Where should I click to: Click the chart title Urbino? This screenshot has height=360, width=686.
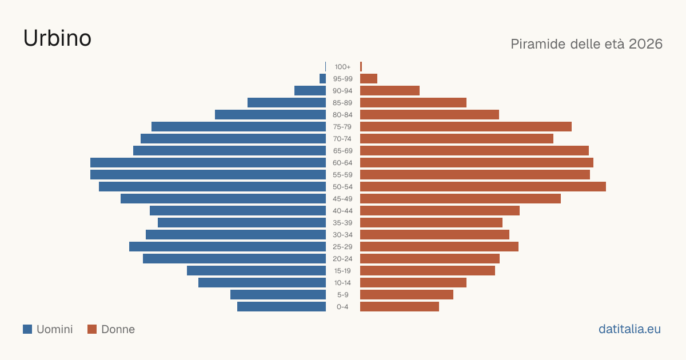57,38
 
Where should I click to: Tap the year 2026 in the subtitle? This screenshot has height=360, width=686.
645,44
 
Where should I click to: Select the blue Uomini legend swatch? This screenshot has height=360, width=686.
27,329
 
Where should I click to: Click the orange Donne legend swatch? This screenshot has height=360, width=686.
92,329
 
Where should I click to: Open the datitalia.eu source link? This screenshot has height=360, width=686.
629,329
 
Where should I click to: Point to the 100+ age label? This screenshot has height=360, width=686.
342,67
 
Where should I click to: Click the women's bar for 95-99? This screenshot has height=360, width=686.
369,79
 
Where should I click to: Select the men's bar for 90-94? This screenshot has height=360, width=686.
310,91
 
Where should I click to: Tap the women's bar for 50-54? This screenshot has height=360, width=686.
483,187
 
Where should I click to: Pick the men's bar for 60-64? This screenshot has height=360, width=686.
208,162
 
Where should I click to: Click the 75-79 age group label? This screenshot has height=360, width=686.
342,127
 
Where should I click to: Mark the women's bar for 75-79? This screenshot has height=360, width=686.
466,127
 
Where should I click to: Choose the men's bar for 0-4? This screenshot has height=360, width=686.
281,307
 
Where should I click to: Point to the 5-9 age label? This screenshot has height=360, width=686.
342,295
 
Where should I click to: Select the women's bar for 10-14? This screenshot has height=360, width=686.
413,282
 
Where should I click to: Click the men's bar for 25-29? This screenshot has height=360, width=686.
228,247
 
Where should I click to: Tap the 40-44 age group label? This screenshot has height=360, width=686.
342,211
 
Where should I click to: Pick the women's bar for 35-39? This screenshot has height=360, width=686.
431,222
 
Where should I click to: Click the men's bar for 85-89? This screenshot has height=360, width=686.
286,102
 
